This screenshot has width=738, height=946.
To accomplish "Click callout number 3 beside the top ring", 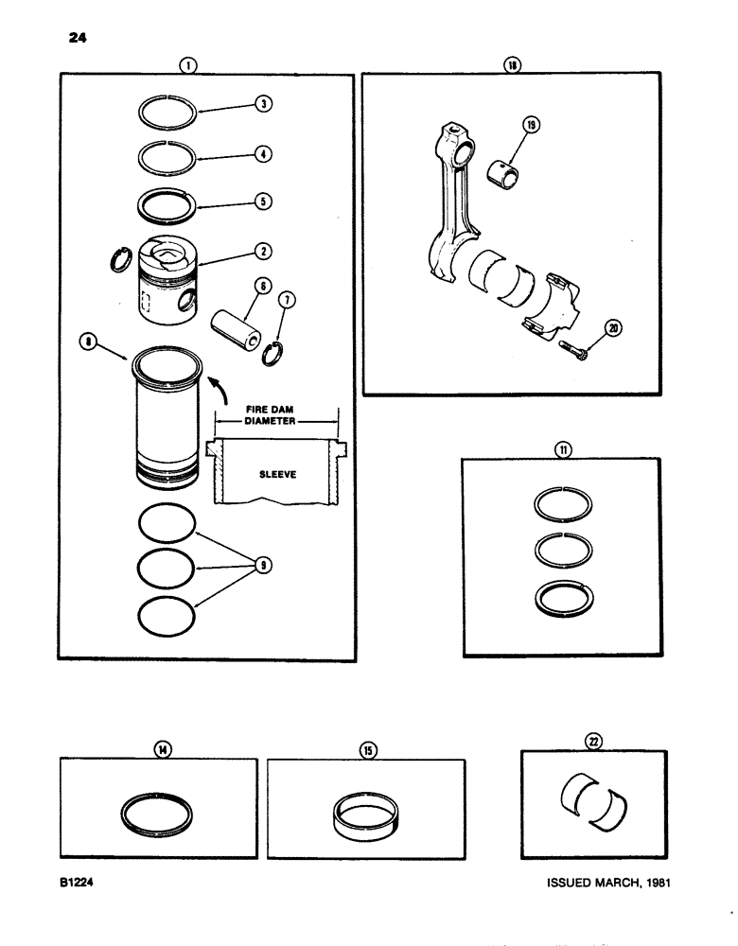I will click(266, 104).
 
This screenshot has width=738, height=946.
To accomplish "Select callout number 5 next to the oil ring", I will click(266, 201).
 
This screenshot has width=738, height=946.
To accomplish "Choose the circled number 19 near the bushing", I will click(531, 127).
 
